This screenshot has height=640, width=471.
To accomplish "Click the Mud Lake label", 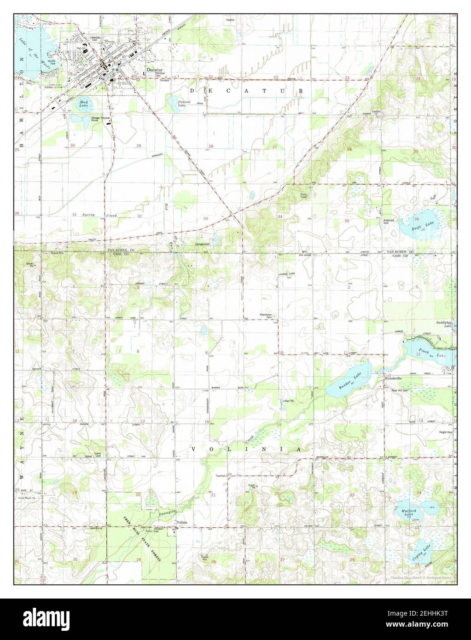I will click(x=83, y=104).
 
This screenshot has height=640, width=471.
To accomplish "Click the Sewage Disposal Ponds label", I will click(x=100, y=119).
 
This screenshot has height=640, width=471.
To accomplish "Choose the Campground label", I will click(x=203, y=244).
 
